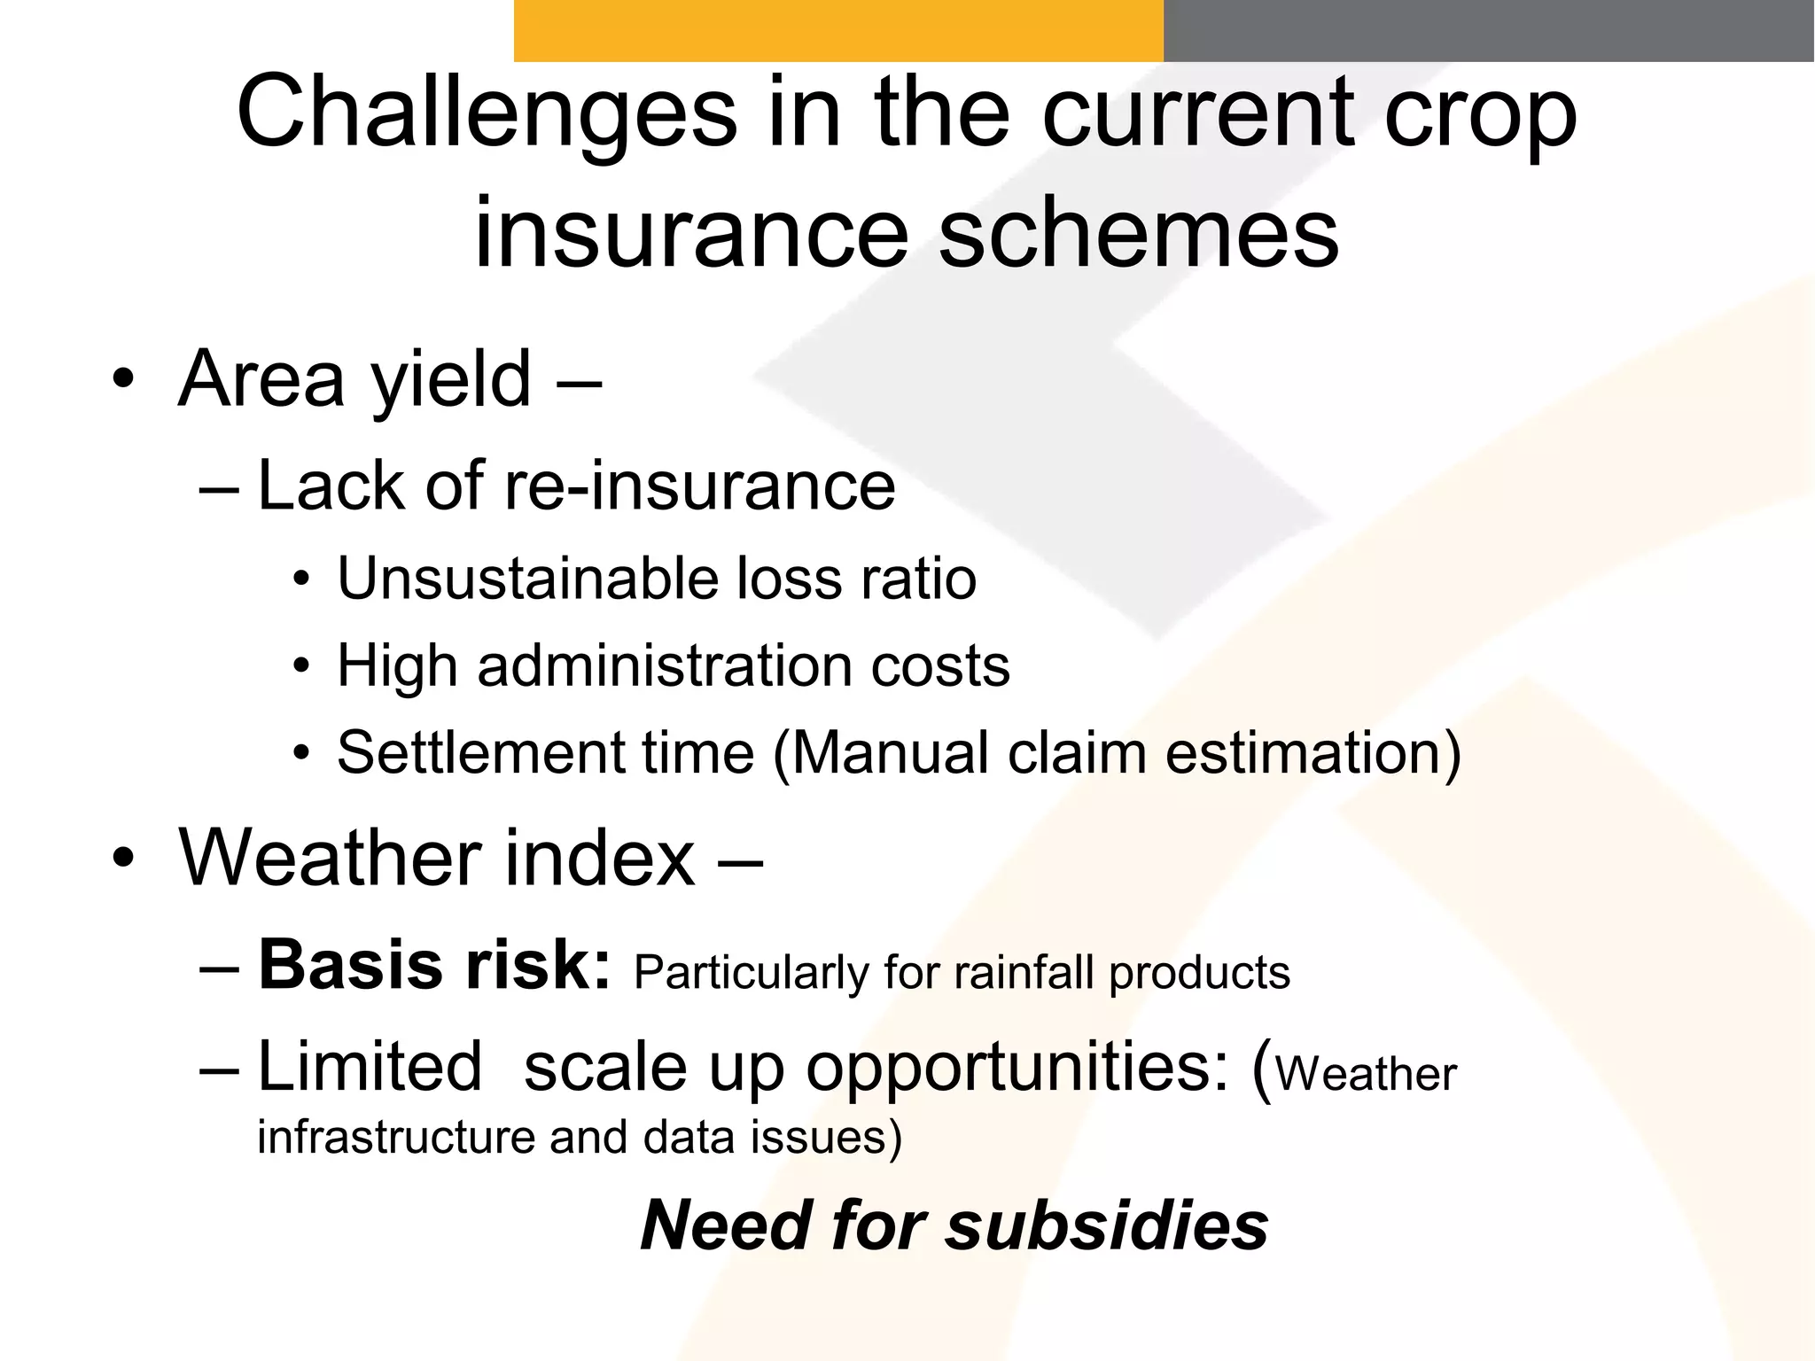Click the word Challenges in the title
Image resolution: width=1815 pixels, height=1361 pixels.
[487, 113]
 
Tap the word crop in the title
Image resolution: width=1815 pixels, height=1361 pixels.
[1481, 113]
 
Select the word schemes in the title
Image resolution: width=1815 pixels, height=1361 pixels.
[1138, 233]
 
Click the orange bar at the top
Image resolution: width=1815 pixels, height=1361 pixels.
[837, 30]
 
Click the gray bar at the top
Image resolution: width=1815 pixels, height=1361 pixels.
[1488, 30]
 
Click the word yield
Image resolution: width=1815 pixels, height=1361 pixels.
[451, 381]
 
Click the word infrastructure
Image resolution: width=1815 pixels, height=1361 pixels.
[396, 1137]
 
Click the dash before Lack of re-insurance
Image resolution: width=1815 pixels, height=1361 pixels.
[219, 487]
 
